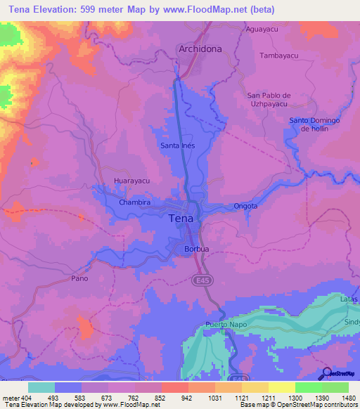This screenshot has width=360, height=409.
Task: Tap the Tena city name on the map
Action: coord(184,219)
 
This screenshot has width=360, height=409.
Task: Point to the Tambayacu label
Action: coord(280,55)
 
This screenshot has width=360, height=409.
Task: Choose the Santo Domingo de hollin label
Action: coord(314,124)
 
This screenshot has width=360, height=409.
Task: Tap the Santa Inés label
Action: coord(177,145)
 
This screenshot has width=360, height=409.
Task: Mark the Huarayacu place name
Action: coord(132,181)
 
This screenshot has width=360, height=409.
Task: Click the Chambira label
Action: coord(135,202)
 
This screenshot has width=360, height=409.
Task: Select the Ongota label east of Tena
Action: coord(245,207)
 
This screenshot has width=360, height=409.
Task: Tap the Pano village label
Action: coord(79,279)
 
